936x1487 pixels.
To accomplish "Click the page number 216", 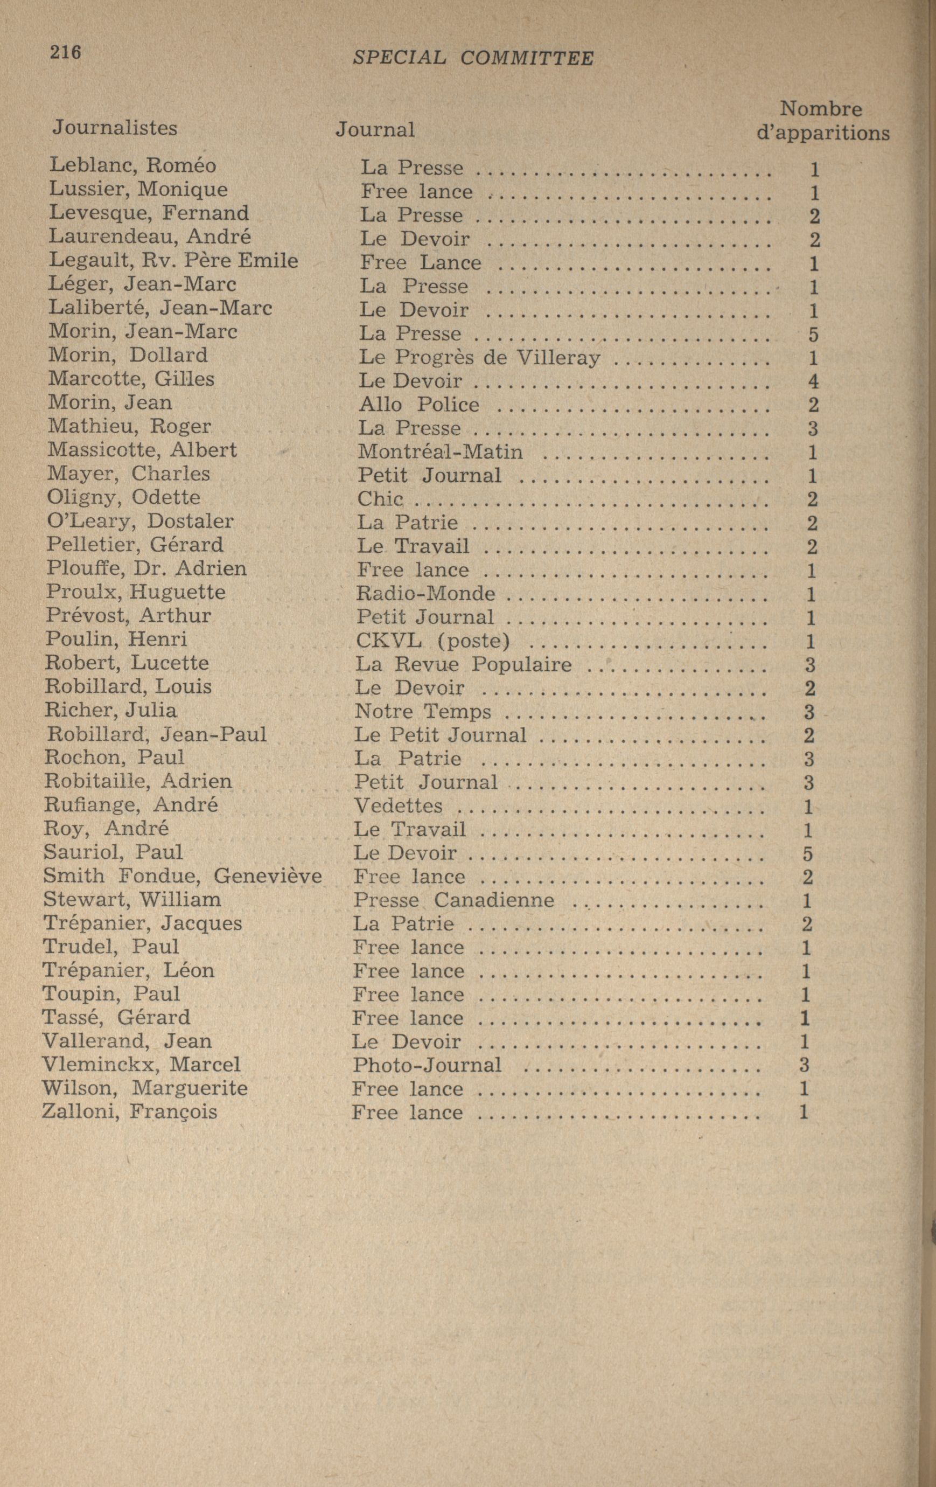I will coord(66,52).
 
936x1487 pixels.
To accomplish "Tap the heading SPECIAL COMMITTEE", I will coord(473,58).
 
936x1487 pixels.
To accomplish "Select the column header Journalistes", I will coord(115,127).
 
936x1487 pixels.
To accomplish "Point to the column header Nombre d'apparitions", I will coord(822,121).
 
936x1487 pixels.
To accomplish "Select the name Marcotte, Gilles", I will coord(131,379).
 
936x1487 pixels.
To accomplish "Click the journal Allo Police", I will coord(418,405).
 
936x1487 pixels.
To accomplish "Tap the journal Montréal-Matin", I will coord(440,452).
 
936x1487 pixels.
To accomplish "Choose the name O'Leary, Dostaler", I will coord(140,521).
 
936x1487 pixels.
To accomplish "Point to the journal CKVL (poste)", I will coord(433,641).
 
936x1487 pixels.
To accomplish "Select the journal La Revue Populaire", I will coord(463,664).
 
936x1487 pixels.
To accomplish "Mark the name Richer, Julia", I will coord(110,710).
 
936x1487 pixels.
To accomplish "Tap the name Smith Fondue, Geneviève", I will coord(182,875).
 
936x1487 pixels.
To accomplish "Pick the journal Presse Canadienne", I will coord(454,900).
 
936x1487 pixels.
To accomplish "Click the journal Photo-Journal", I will coord(427,1065).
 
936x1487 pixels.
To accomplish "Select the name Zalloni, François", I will coord(129,1112).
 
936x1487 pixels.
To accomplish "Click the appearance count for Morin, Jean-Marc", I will coord(813,335).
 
